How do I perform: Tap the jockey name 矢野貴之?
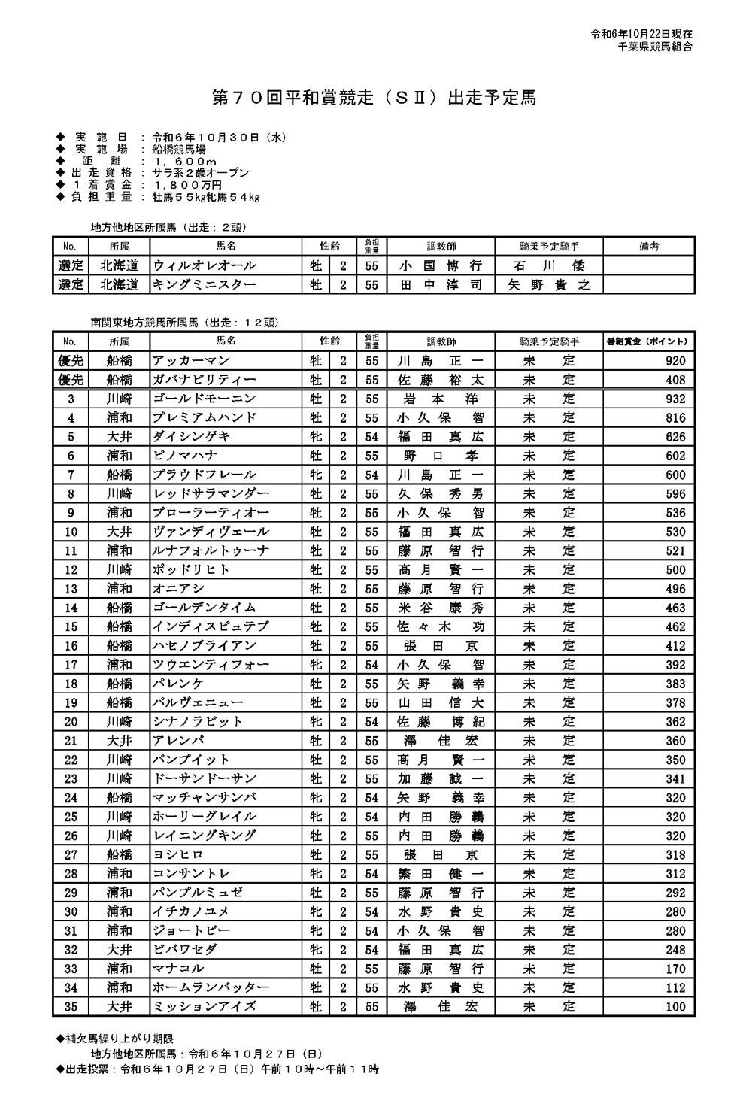549,284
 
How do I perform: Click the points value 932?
675,399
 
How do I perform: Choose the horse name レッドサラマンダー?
211,494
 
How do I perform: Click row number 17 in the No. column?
71,665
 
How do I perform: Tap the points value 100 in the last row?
675,1006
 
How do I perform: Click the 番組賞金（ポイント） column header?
647,341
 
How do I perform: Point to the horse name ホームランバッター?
211,987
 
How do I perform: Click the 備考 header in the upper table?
648,247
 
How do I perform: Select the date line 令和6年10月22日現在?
641,35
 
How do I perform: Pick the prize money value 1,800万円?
187,185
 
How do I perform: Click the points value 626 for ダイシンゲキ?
675,437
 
